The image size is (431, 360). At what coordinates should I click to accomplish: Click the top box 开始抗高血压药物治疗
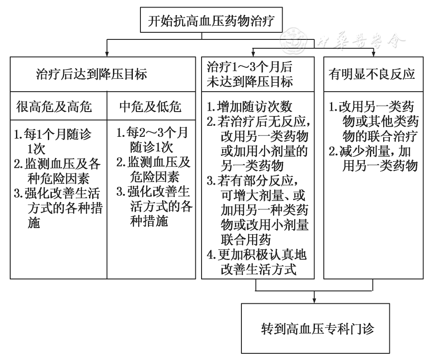click(x=211, y=20)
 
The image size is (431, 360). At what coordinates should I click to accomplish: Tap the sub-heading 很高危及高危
click(x=54, y=107)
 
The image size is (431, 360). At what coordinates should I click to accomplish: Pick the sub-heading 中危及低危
click(x=150, y=107)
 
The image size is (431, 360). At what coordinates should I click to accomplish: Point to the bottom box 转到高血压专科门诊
click(x=315, y=329)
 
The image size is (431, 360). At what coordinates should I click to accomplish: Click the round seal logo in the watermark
click(x=294, y=41)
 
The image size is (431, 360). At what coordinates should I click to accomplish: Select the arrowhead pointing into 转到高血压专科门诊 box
click(x=314, y=301)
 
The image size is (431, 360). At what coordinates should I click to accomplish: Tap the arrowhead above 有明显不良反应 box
click(x=373, y=54)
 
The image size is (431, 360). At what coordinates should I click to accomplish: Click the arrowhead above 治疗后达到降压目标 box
click(x=107, y=54)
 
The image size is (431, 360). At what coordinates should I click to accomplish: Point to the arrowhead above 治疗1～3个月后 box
click(x=253, y=54)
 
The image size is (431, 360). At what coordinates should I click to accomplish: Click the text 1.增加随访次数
click(x=249, y=107)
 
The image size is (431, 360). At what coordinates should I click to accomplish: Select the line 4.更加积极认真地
click(x=257, y=255)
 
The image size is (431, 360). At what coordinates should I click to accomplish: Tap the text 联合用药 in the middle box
click(x=246, y=240)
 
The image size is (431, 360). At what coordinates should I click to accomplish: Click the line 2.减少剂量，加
click(x=370, y=151)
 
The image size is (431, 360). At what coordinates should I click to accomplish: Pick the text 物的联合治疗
click(x=380, y=136)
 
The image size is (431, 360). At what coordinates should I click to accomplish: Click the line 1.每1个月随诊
click(x=53, y=134)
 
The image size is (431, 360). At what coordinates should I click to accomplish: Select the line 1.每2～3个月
click(x=152, y=132)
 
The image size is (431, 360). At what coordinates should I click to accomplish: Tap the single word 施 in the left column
click(x=34, y=223)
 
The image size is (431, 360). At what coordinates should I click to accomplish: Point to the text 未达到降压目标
click(x=250, y=81)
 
